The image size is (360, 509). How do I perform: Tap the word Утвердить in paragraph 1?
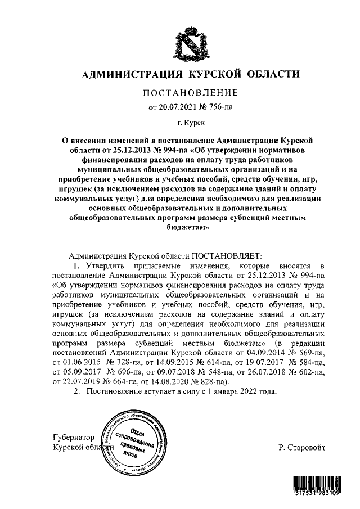[103, 265]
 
